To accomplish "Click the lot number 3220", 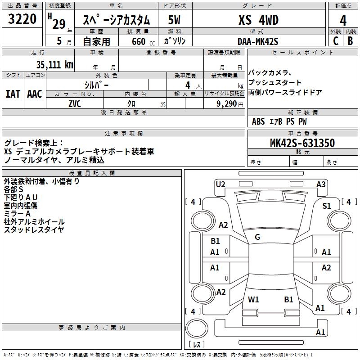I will [22, 20].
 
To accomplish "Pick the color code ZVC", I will [75, 103].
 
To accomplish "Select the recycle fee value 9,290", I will [224, 103].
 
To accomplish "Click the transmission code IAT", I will [13, 94].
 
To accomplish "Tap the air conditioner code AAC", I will [35, 94].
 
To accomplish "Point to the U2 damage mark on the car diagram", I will [220, 184].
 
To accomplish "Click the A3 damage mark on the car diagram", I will [321, 184].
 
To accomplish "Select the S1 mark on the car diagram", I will [326, 206].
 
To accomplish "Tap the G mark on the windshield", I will [257, 237].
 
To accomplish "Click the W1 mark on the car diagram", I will [253, 299].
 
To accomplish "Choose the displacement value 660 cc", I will [139, 41].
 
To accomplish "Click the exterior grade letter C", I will [335, 41].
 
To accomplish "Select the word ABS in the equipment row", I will [258, 121].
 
